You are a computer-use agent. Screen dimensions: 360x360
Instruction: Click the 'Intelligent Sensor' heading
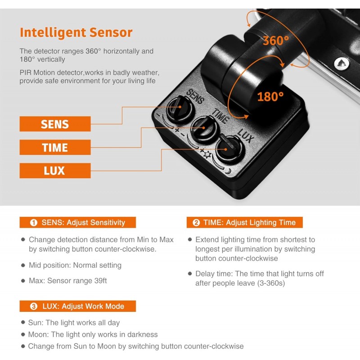[76, 32]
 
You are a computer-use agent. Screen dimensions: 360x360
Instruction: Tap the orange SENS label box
[55, 124]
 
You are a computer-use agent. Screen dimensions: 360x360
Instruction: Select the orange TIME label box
[55, 147]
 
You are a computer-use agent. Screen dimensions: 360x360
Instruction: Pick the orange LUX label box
[55, 171]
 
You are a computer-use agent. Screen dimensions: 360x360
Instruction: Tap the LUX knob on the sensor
[229, 148]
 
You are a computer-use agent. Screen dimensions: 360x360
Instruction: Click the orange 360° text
[276, 41]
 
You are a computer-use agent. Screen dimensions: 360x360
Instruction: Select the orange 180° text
[270, 96]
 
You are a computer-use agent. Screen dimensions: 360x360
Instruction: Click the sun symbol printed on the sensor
[207, 155]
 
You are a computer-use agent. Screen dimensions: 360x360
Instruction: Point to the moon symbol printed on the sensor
[228, 171]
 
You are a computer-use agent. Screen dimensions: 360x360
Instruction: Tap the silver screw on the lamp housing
[342, 63]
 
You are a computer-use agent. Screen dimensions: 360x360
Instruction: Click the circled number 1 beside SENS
[34, 222]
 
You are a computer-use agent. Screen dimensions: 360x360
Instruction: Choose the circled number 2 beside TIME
[196, 222]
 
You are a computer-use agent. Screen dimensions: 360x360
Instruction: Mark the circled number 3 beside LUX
[34, 306]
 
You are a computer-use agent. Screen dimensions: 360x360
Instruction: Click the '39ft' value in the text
[100, 280]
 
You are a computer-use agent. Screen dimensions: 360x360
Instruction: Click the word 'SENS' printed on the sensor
[195, 96]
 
